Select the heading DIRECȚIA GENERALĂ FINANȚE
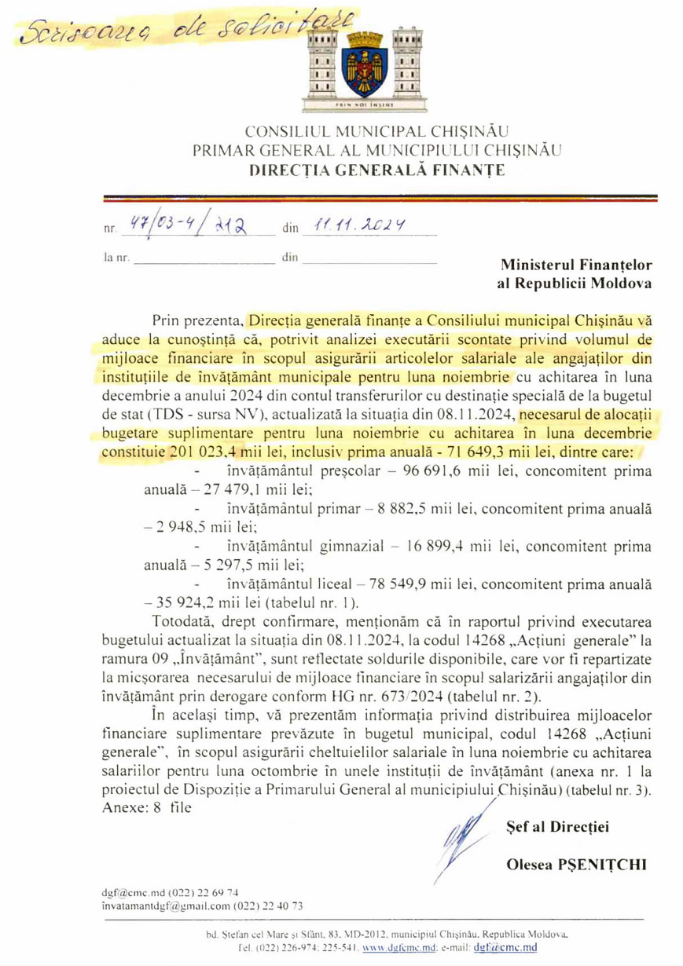click(x=377, y=168)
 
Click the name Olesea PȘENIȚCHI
click(x=577, y=864)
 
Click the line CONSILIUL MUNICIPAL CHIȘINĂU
click(x=377, y=130)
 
